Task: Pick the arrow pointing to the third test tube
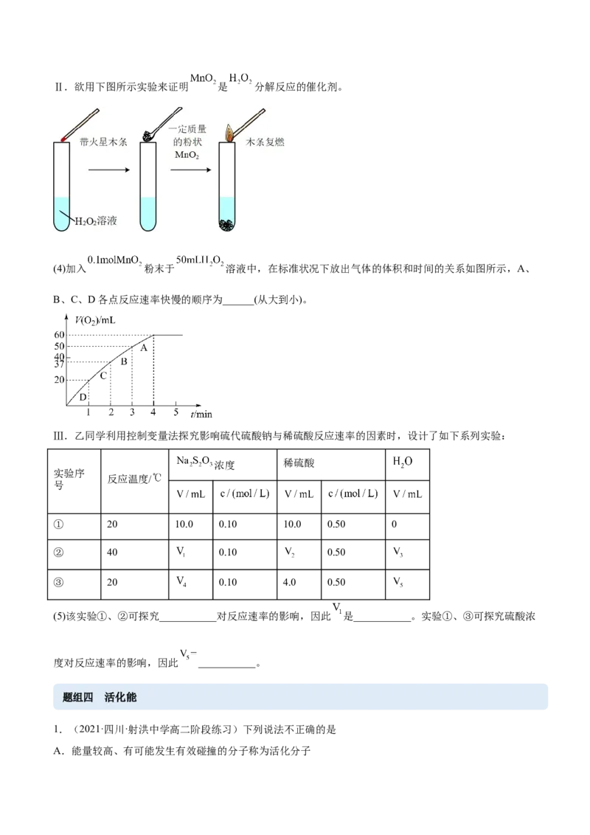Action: coord(190,170)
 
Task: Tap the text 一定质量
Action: coord(186,128)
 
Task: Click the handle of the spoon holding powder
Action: coord(169,117)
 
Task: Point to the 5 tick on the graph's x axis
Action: coord(175,413)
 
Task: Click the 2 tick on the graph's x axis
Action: coord(110,413)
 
